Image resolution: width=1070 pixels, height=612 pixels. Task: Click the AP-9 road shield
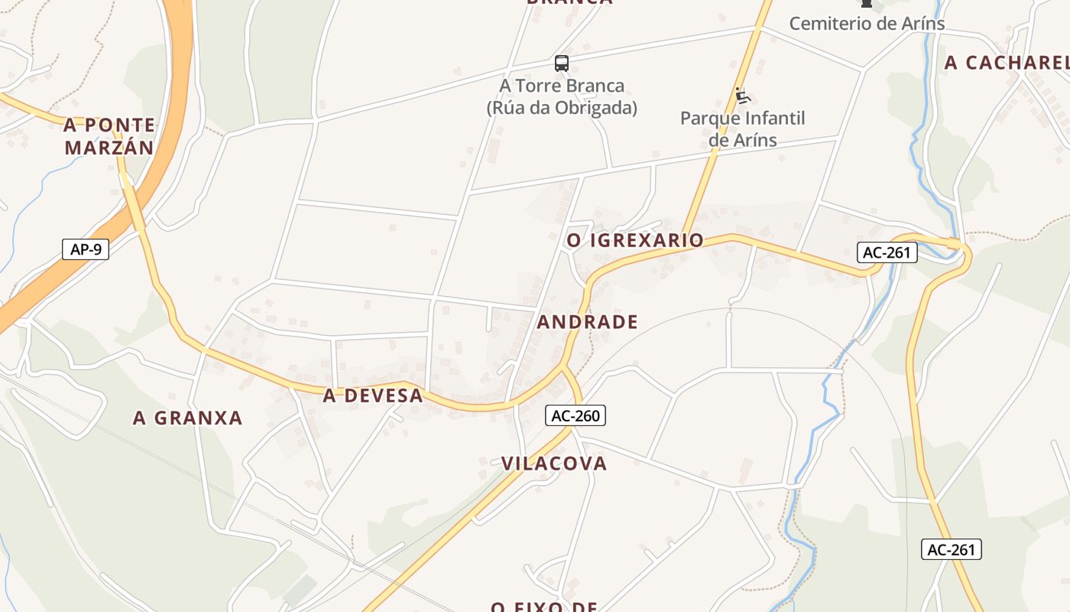pos(86,249)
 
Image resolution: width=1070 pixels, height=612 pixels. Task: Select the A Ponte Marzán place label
pos(109,136)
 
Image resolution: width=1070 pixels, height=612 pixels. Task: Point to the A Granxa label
pos(187,418)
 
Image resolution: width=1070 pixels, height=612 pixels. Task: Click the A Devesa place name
pos(372,396)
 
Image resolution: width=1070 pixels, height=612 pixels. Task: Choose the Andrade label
pos(587,322)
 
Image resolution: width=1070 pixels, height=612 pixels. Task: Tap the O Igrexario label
pos(634,240)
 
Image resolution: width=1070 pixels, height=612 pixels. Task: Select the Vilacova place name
pos(554,463)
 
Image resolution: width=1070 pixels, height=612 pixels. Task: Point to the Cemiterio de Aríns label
pos(867,24)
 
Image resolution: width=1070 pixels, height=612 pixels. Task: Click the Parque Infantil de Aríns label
pos(742,129)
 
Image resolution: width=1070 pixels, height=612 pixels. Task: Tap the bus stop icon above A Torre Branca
pos(562,63)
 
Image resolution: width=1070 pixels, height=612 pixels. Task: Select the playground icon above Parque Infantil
pos(742,96)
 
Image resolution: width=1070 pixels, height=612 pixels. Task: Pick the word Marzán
pos(109,148)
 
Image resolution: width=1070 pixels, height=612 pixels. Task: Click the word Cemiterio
pos(830,24)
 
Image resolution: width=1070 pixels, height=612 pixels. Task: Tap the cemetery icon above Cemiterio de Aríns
pos(866,4)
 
